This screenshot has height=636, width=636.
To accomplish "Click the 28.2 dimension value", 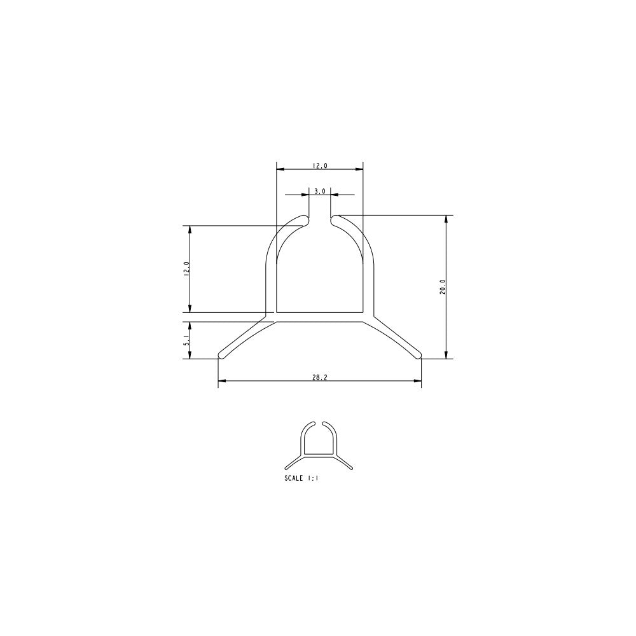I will tap(319, 377).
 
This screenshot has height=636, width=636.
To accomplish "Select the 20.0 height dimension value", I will tap(442, 287).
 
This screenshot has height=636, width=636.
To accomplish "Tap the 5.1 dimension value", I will tap(186, 340).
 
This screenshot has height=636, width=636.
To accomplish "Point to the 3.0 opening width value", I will tap(319, 190).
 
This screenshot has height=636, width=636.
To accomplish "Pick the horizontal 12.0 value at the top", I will tap(319, 165).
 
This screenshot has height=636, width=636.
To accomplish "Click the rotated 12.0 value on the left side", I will tap(186, 269).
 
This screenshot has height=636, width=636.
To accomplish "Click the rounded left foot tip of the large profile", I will tap(222, 354).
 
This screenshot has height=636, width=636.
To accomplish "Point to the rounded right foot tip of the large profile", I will tap(418, 354).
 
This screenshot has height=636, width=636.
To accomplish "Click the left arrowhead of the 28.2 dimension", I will tap(221, 382).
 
